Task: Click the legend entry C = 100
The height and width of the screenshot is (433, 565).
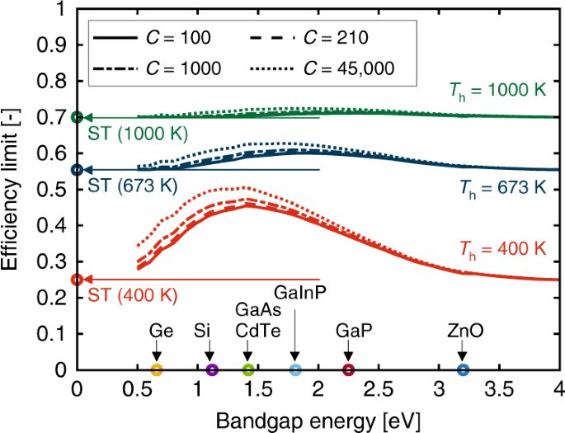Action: [152, 37]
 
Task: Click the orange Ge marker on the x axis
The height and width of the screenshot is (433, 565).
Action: [157, 370]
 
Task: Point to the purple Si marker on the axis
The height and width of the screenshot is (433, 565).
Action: [212, 370]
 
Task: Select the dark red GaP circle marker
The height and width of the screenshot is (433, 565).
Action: [348, 370]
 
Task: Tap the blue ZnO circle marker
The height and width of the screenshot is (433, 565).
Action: [463, 370]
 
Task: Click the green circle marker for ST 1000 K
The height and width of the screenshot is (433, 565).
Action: [78, 117]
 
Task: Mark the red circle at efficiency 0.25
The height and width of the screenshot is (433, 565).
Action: [78, 280]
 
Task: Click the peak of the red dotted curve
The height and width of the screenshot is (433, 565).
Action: [245, 188]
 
